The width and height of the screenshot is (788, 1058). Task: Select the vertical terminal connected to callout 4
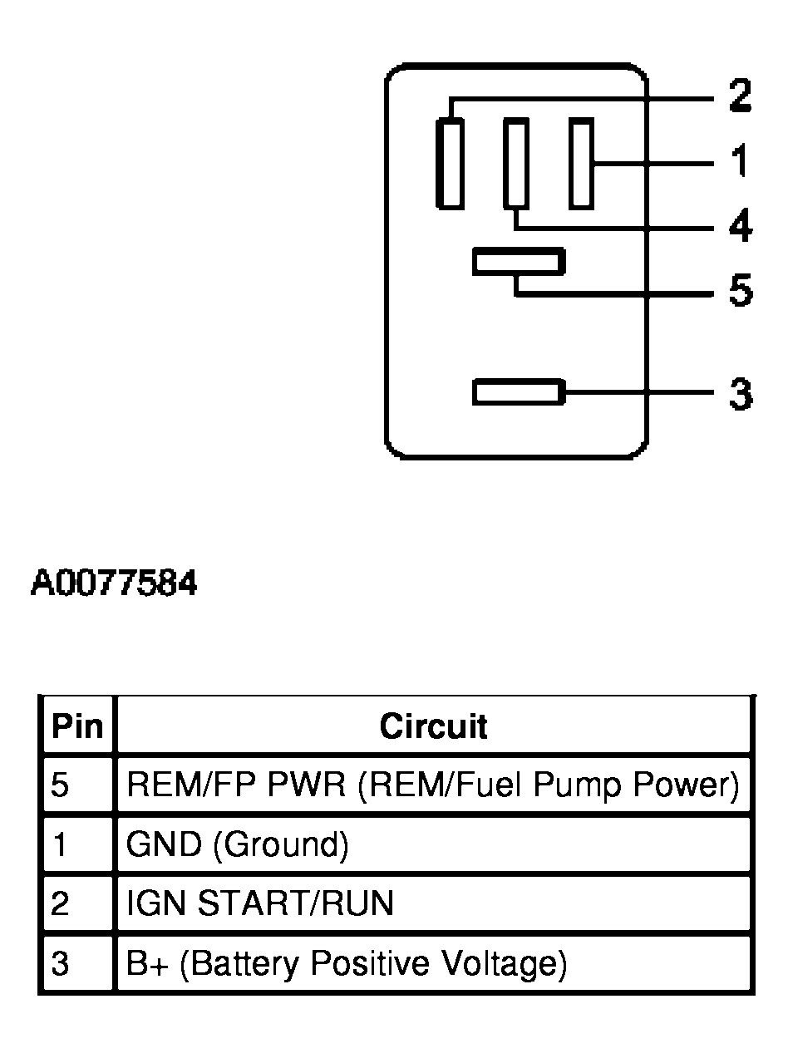pyautogui.click(x=515, y=163)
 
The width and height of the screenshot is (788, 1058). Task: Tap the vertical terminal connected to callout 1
pyautogui.click(x=581, y=163)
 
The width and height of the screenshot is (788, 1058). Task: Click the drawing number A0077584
pyautogui.click(x=114, y=584)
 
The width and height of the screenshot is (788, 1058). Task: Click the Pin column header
pyautogui.click(x=76, y=726)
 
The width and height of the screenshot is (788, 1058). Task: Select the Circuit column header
pyautogui.click(x=433, y=726)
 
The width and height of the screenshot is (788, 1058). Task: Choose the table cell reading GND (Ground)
pyautogui.click(x=237, y=844)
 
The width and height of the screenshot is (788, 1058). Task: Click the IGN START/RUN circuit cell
pyautogui.click(x=259, y=904)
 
